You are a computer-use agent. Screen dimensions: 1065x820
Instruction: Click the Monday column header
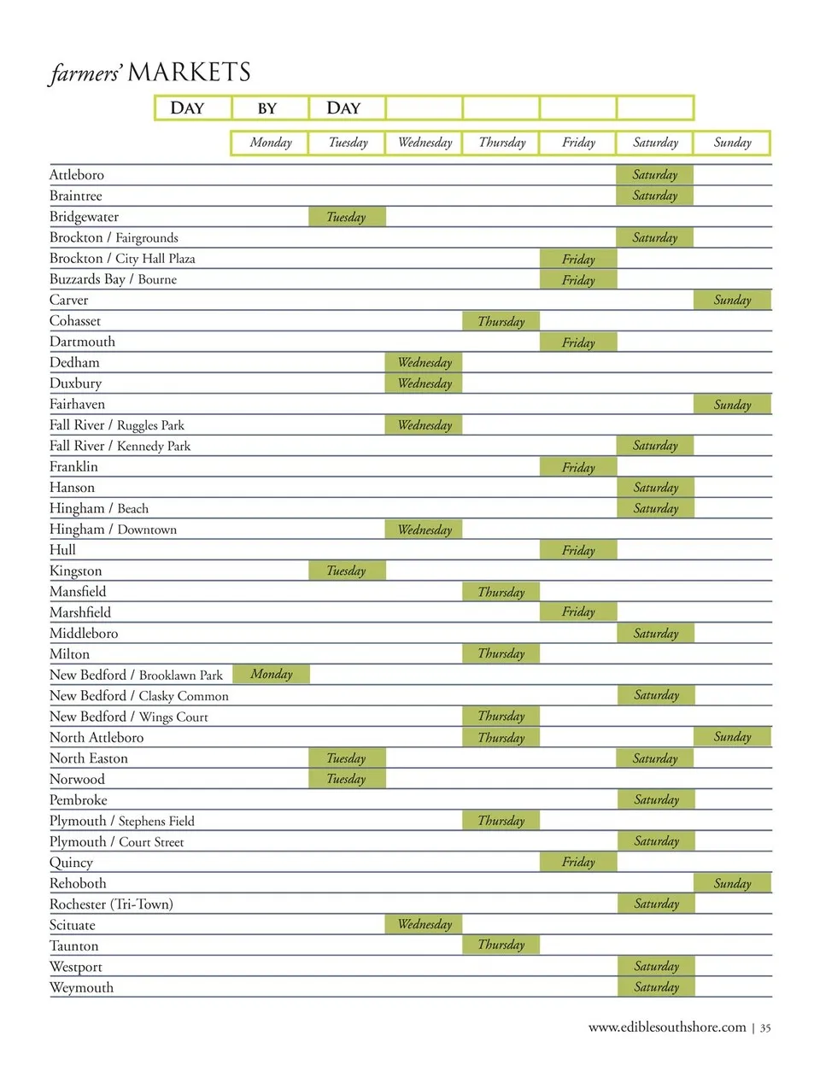pyautogui.click(x=270, y=143)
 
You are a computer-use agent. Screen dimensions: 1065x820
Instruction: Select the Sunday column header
pyautogui.click(x=732, y=143)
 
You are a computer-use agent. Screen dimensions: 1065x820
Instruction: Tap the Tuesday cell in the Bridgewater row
pyautogui.click(x=346, y=217)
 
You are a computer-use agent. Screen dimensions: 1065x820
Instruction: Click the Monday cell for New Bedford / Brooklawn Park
pyautogui.click(x=271, y=675)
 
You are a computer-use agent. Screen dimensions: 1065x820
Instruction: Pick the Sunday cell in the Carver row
pyautogui.click(x=732, y=300)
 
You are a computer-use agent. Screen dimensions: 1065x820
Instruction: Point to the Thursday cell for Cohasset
pyautogui.click(x=501, y=321)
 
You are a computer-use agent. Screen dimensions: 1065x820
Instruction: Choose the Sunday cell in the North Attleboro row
pyautogui.click(x=732, y=736)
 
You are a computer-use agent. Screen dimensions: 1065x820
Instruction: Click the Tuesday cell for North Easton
pyautogui.click(x=346, y=758)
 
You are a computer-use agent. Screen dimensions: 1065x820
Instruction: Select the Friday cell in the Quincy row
pyautogui.click(x=578, y=862)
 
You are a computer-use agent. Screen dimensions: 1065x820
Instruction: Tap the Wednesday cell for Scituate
pyautogui.click(x=425, y=924)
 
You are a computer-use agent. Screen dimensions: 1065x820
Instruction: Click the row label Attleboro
pyautogui.click(x=77, y=175)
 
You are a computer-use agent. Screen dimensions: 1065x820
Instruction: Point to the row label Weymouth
pyautogui.click(x=81, y=987)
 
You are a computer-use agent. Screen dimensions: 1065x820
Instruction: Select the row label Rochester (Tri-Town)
pyautogui.click(x=111, y=904)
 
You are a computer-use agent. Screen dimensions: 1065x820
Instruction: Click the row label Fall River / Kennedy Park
pyautogui.click(x=120, y=446)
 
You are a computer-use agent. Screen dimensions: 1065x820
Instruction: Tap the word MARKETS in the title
pyautogui.click(x=190, y=73)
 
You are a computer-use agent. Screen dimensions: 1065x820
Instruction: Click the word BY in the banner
pyautogui.click(x=267, y=108)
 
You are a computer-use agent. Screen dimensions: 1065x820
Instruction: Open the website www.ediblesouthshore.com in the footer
pyautogui.click(x=667, y=1027)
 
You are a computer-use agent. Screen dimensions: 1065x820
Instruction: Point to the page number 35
pyautogui.click(x=765, y=1027)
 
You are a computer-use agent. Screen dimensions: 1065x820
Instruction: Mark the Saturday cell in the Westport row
pyautogui.click(x=656, y=966)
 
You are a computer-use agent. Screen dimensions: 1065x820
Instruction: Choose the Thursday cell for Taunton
pyautogui.click(x=501, y=945)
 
